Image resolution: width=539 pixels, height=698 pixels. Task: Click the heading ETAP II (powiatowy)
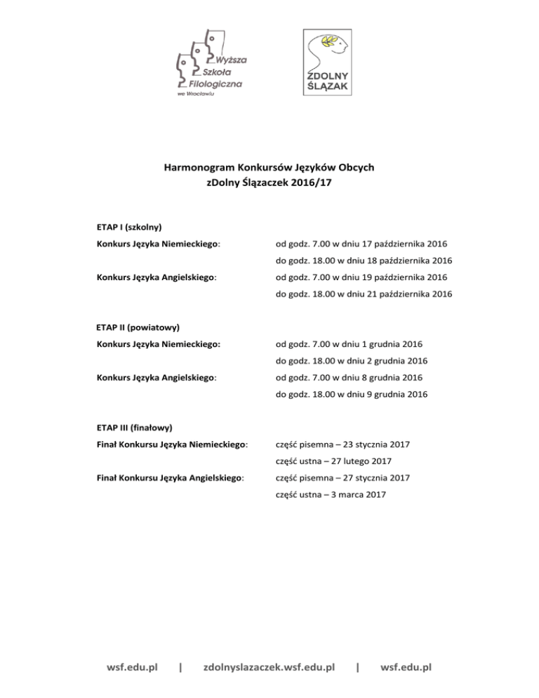[138, 327]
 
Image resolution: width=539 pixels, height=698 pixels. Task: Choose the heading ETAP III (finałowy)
[135, 427]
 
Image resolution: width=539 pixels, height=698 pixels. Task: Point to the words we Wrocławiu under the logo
[194, 93]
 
